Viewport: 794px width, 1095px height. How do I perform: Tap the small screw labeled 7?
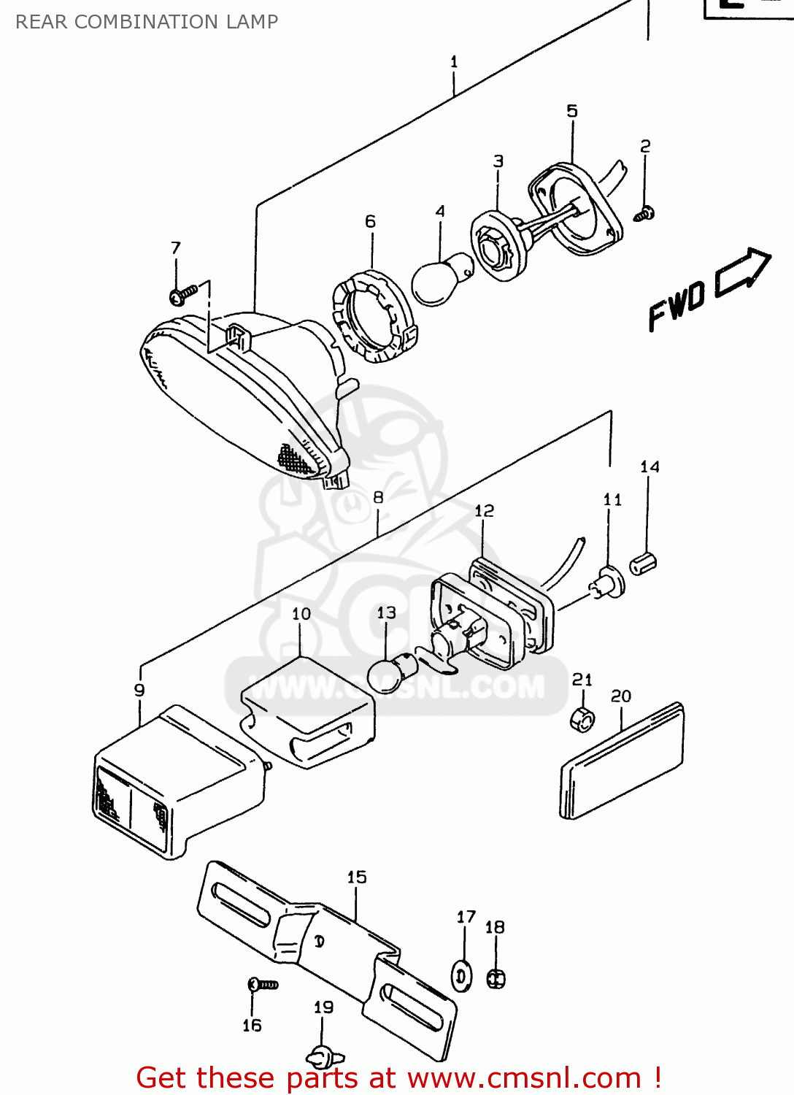(x=182, y=294)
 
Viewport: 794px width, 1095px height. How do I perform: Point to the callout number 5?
(x=572, y=111)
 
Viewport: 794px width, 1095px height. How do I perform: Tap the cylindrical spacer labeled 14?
(x=643, y=564)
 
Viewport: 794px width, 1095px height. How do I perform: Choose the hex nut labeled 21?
(x=582, y=719)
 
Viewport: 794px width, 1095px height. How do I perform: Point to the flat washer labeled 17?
(x=461, y=977)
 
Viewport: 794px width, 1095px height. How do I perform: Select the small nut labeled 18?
(x=496, y=978)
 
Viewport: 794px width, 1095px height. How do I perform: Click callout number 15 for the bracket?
(x=357, y=877)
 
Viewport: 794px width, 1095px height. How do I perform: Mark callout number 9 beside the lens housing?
(x=139, y=690)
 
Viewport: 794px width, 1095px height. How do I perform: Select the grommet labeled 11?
(x=609, y=585)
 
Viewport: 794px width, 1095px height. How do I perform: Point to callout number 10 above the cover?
(x=301, y=614)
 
